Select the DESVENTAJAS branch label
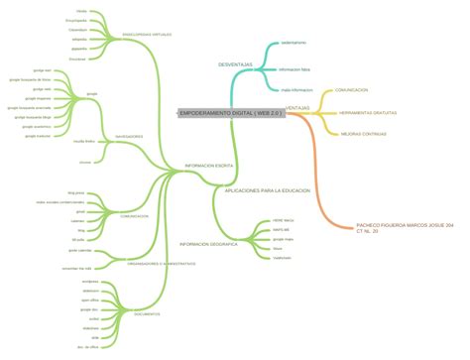pyautogui.click(x=236, y=64)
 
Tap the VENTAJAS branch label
pyautogui.click(x=297, y=107)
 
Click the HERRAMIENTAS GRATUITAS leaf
pyautogui.click(x=368, y=112)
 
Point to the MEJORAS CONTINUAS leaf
pyautogui.click(x=363, y=133)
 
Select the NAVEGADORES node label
pyautogui.click(x=129, y=136)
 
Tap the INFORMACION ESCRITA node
pyautogui.click(x=209, y=166)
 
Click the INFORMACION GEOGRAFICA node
pyautogui.click(x=207, y=243)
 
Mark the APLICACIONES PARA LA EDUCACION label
pyautogui.click(x=268, y=189)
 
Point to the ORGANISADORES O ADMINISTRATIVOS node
pyautogui.click(x=162, y=263)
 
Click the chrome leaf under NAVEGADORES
pyautogui.click(x=85, y=161)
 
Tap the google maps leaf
pyautogui.click(x=284, y=239)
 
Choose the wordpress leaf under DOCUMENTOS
pyautogui.click(x=91, y=282)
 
